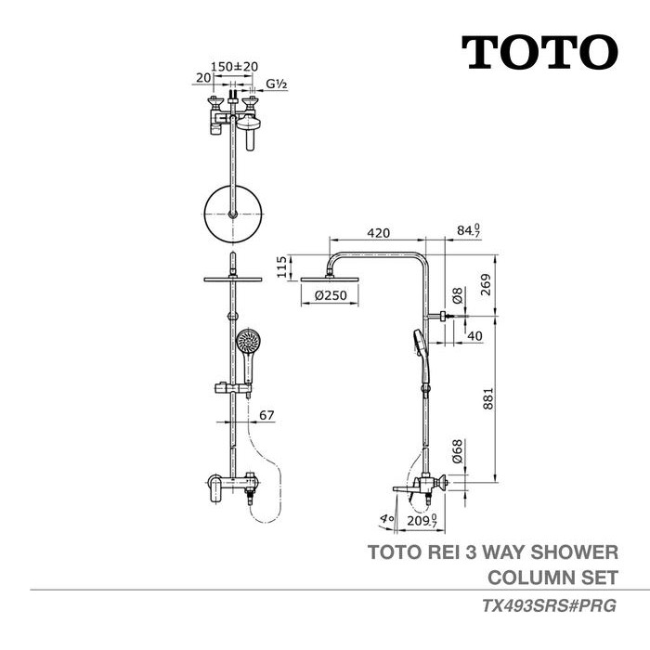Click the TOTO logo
pos(539,52)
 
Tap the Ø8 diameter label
pos(458,298)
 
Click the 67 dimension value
pos(266,415)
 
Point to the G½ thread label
pos(276,84)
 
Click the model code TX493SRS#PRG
pos(549,605)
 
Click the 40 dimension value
pos(474,335)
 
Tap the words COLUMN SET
pos(552,576)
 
